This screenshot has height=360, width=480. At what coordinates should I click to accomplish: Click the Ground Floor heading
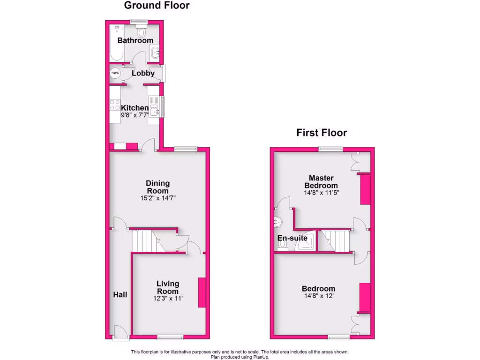click(157, 6)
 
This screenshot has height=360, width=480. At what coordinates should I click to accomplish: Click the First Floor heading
click(322, 133)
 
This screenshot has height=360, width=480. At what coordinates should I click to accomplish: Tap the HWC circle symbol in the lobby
click(115, 74)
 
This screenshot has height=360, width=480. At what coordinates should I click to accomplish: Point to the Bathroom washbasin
click(156, 53)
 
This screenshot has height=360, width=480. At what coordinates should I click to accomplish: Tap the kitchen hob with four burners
click(114, 105)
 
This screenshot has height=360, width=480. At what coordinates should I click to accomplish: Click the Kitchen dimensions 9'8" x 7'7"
click(135, 115)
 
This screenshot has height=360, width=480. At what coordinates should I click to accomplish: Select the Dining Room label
click(157, 187)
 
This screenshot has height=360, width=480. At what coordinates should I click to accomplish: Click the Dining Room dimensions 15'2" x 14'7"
click(157, 198)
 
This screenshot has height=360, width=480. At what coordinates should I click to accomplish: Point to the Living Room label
click(167, 287)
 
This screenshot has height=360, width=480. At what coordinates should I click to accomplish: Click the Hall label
click(120, 294)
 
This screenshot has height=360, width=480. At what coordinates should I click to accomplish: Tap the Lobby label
click(143, 73)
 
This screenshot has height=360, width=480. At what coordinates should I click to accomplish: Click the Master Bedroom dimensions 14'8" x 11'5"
click(321, 192)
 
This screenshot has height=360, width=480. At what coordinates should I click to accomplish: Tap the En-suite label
click(292, 238)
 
